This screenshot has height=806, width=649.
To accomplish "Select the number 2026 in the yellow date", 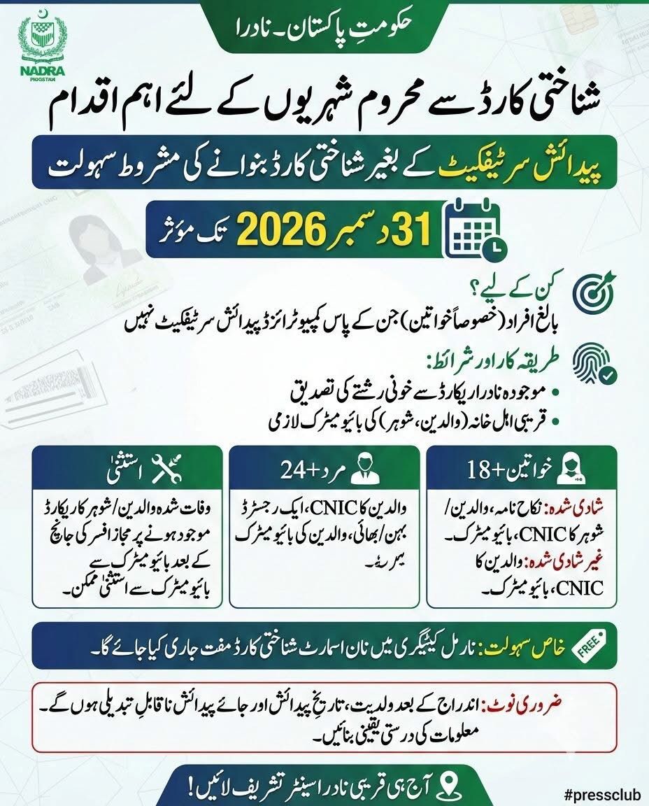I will click(284, 228).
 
